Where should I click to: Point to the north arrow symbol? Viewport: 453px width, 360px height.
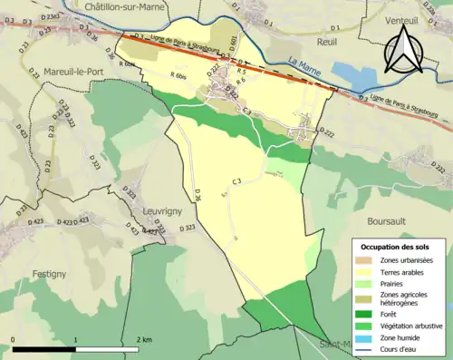(400, 49)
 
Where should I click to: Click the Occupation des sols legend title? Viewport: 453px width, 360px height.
(396, 247)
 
